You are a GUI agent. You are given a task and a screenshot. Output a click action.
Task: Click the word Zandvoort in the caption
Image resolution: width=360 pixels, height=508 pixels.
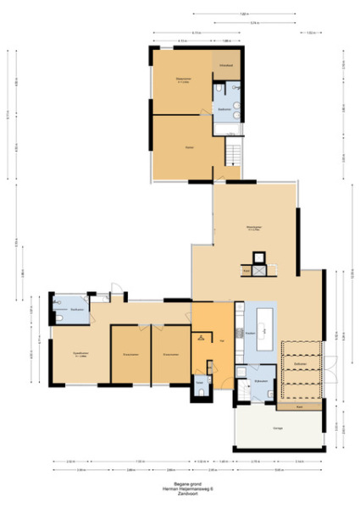180,494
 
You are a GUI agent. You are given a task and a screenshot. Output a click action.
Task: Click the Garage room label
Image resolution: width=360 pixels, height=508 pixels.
277,428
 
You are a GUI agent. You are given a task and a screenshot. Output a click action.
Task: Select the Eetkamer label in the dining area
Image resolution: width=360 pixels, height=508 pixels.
300,363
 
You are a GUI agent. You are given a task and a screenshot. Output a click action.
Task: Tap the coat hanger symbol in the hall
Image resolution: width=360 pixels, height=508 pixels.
201,338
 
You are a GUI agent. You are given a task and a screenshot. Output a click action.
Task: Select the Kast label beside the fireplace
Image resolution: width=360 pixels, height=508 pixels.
246,271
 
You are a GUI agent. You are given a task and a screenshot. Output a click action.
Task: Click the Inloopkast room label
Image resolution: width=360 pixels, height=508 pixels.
225,64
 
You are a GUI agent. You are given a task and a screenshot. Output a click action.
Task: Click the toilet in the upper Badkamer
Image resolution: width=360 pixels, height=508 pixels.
219,88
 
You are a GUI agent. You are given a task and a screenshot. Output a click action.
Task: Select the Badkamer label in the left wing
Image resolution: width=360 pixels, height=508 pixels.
76,310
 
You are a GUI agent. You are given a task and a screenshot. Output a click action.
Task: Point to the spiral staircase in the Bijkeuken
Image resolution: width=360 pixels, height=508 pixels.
243,372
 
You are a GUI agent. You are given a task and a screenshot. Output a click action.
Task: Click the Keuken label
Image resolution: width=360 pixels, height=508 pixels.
251,334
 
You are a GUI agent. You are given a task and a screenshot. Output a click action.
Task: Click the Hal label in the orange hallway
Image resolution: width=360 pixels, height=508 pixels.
221,340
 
